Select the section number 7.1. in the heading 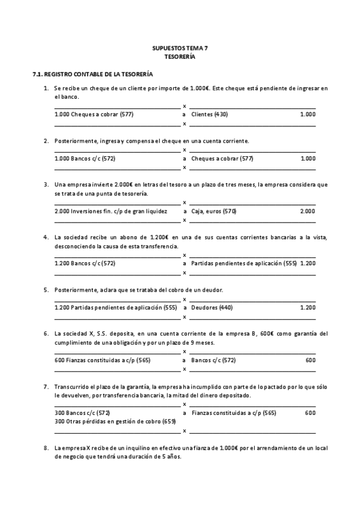(37, 75)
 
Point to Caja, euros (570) (213, 211)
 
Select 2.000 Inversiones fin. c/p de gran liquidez (110, 211)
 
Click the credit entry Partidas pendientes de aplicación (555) (243, 263)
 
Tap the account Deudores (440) (212, 307)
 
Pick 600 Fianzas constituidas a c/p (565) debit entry (102, 360)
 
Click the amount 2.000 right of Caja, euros (307, 211)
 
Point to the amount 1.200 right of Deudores (307, 307)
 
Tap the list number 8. (46, 448)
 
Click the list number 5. (46, 290)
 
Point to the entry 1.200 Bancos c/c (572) (85, 263)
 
